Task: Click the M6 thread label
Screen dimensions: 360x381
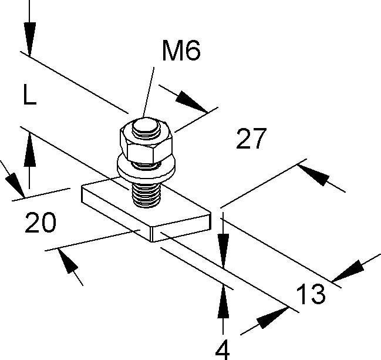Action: pos(181,52)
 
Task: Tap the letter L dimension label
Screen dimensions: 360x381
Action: pos(29,95)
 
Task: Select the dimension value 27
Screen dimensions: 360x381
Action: pos(251,140)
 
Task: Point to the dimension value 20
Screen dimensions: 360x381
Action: pos(41,223)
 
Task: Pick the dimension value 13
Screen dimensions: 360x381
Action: pos(309,294)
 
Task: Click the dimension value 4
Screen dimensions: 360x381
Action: pos(222,350)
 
